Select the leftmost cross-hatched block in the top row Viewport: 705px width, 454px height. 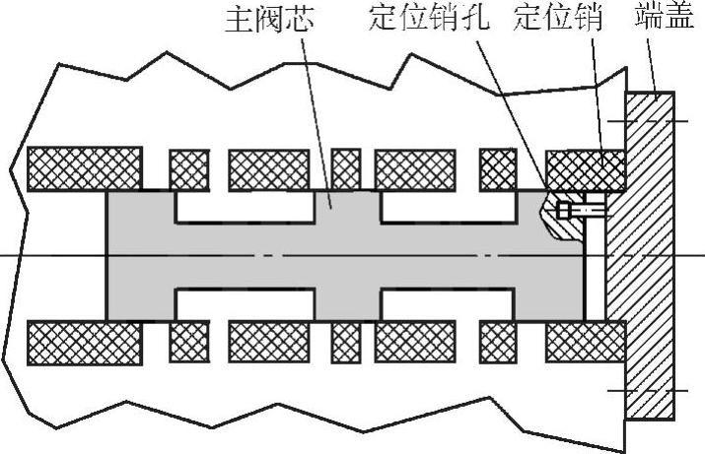click(x=84, y=168)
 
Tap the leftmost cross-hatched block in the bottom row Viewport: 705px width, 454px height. click(x=84, y=341)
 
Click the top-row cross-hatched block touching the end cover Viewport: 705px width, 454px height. click(x=586, y=169)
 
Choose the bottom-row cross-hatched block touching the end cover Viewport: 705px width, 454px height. click(x=586, y=341)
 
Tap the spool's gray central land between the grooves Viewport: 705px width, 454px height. click(x=345, y=256)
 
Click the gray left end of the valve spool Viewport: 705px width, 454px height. click(x=138, y=256)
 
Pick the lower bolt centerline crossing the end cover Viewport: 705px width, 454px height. click(x=647, y=391)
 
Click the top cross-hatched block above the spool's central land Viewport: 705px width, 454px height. click(x=345, y=168)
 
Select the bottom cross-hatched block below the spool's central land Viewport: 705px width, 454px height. click(x=345, y=341)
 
